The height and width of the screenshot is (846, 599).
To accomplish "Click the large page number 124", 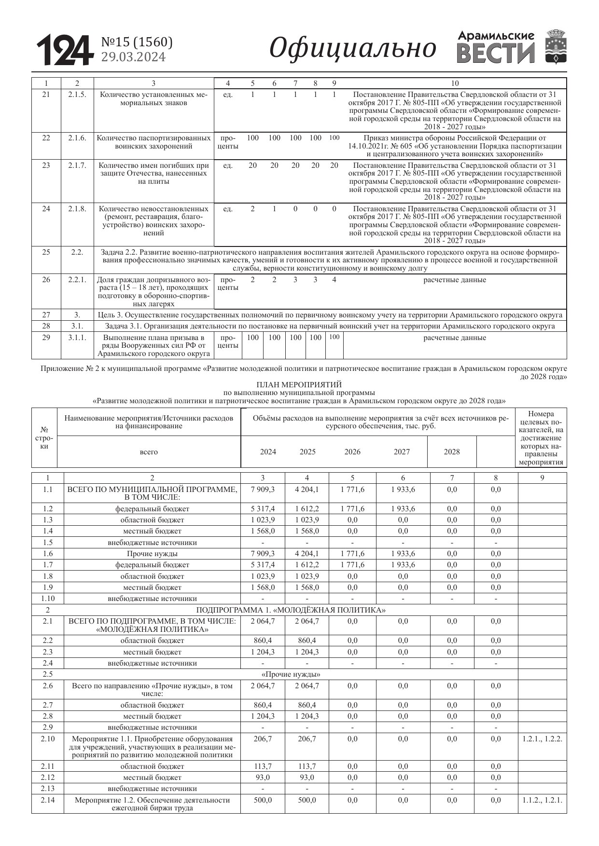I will pos(64,50).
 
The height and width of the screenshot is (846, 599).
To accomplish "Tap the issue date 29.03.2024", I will pos(133,57).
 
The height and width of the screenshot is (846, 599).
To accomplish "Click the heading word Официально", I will pos(352,48).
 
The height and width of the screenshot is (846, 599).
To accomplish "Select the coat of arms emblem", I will pos(556,47).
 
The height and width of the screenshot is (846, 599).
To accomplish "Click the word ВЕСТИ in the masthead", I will pos(496,54).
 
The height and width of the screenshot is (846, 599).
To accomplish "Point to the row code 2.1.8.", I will pos(77,209).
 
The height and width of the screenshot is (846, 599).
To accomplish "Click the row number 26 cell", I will pos(46,280).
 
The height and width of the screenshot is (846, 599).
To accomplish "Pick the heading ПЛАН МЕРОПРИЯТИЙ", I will pos(299,385).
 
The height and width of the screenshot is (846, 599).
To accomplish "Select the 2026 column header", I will pos(352,452).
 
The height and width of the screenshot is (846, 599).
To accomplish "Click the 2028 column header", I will pos(452,452).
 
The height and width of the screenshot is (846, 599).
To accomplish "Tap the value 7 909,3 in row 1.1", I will pos(263,490).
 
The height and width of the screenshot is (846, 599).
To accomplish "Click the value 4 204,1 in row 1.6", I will pos(307,554).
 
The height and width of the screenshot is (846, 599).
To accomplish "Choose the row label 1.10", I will pos(47,599).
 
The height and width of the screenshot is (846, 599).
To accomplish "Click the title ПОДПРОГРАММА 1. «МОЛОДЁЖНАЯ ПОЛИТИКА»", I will pos(291,610).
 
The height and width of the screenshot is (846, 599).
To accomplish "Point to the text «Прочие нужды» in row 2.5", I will pos(291,674).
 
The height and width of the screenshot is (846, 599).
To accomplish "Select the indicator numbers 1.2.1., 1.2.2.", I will pos(542,739).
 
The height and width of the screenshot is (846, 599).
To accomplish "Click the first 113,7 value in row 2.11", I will pos(263,766).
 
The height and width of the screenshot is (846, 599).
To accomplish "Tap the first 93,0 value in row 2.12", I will pos(263,778).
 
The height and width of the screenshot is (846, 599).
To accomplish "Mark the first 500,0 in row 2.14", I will pos(263,800).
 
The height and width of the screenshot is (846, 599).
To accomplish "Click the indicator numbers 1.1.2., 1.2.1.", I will pos(542,800).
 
